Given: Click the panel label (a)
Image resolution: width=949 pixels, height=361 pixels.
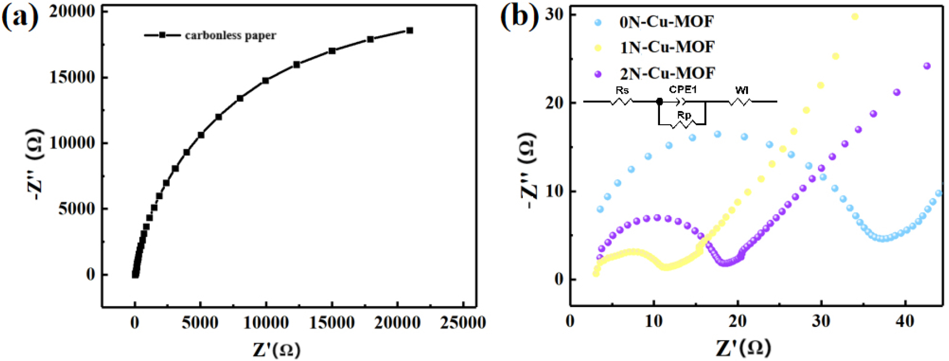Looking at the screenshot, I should coord(20,17).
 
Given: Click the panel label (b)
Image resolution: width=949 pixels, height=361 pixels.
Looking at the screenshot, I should coord(518,17).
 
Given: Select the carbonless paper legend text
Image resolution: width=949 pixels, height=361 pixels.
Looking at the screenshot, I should coord(230,36).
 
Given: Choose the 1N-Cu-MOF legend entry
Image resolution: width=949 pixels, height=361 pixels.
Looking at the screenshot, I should coord(667,48).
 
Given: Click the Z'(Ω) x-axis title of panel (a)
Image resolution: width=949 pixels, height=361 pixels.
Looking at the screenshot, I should coord(277,349).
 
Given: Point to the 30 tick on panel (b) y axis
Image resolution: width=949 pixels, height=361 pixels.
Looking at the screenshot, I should coord(554,14).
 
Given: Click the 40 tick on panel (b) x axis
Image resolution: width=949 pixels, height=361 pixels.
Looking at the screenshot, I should coord(904,321).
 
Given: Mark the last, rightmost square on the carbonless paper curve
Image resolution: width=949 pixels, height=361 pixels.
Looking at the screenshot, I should coord(410,30).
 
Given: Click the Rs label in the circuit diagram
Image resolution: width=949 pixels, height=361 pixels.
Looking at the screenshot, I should coord(622,91).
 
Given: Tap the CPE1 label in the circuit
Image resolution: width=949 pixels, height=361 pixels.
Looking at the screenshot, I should coord(682,90).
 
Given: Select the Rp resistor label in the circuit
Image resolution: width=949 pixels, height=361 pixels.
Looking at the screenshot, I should coord(684,115).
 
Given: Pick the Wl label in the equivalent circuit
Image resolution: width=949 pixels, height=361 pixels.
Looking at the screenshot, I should coord(742,91).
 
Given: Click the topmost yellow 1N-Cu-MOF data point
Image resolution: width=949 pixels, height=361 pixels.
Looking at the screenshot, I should coord(855,17).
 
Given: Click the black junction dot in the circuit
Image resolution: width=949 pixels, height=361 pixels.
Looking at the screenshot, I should coord(659,102).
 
